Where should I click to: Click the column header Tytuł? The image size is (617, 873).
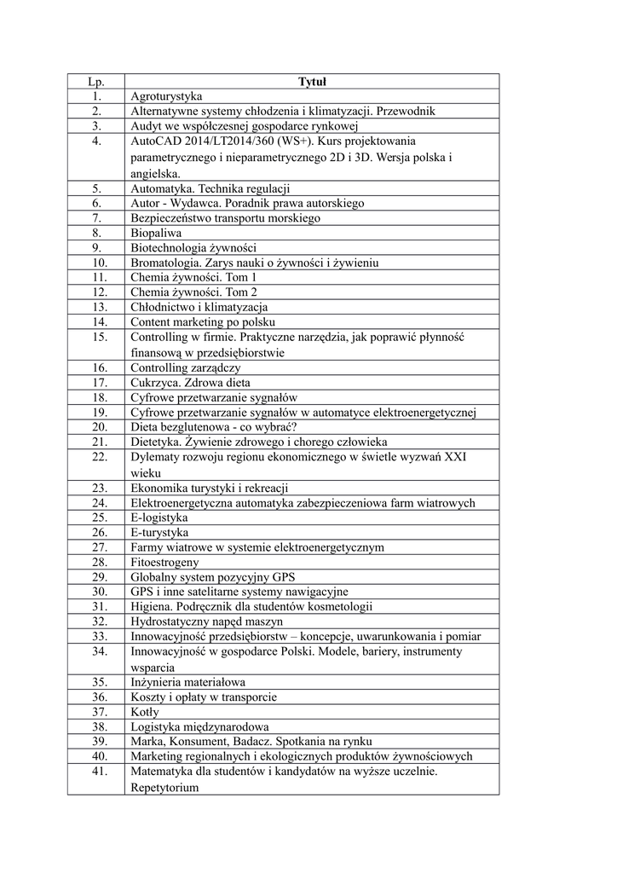coord(313,82)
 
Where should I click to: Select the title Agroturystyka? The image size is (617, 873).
coord(166,96)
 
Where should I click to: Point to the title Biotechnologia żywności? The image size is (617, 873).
coord(187,247)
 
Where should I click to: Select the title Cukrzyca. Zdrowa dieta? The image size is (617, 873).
coord(190,383)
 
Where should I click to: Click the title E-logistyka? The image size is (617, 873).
coord(159,517)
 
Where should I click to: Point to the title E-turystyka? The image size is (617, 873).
coord(159,533)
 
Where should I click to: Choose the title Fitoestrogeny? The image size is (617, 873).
coord(164,563)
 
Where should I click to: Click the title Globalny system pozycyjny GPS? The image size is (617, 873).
coord(212,577)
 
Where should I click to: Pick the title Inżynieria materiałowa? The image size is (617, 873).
coord(187,682)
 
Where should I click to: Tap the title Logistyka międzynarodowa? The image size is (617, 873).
coord(199,727)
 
